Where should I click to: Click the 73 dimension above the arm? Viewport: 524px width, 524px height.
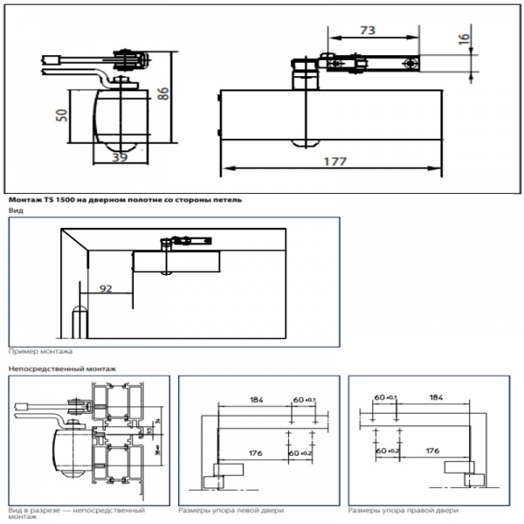point(368,30)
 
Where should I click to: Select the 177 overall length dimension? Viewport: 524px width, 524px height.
point(334,162)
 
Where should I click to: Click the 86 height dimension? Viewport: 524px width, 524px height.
point(162,94)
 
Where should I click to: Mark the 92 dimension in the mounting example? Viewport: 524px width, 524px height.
point(106,286)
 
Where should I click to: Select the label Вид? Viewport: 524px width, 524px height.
point(16,210)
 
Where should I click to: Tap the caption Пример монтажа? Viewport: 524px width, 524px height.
point(40,351)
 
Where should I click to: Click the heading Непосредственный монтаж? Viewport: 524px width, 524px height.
point(61,369)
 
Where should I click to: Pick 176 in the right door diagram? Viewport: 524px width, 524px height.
point(431,451)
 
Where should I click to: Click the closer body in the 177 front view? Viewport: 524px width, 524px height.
point(332,114)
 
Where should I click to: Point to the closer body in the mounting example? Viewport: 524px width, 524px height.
point(176,261)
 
